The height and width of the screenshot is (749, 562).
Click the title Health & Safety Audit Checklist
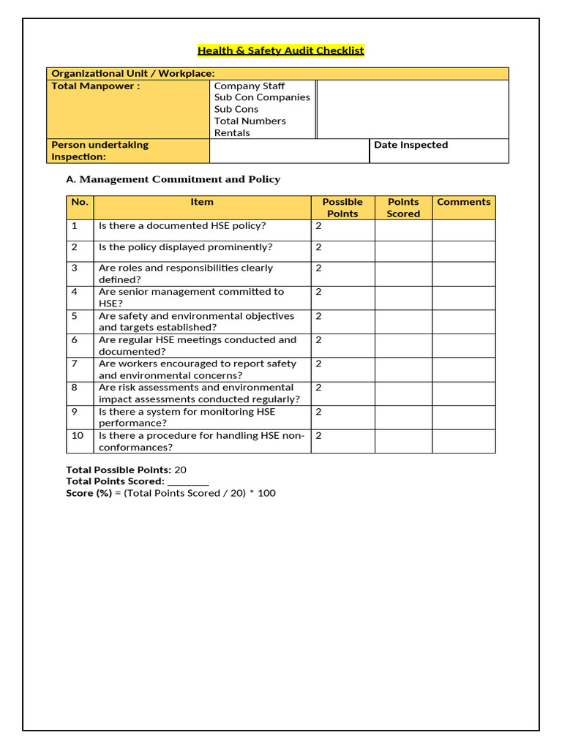280,50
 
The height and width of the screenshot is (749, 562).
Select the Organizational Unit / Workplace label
133,73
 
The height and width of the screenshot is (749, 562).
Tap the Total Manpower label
95,86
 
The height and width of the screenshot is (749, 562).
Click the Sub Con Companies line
262,97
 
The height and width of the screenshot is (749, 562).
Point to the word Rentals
232,133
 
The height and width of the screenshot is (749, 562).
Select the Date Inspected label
411,145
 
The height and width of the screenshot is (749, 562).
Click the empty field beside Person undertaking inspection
289,151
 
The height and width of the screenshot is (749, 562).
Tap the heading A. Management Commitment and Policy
173,179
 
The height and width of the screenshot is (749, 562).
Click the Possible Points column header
342,208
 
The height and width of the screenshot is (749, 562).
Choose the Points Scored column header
403,208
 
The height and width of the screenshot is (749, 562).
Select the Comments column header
463,202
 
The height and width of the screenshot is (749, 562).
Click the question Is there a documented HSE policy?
182,226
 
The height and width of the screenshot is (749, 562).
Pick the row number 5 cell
75,316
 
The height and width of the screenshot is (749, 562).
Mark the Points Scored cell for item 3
403,274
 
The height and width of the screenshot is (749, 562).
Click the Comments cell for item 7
463,369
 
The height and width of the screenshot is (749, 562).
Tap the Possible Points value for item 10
318,435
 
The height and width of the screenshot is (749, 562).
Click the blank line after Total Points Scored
188,482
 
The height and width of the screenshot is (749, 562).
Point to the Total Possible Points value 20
180,470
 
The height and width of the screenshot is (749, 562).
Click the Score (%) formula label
89,494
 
